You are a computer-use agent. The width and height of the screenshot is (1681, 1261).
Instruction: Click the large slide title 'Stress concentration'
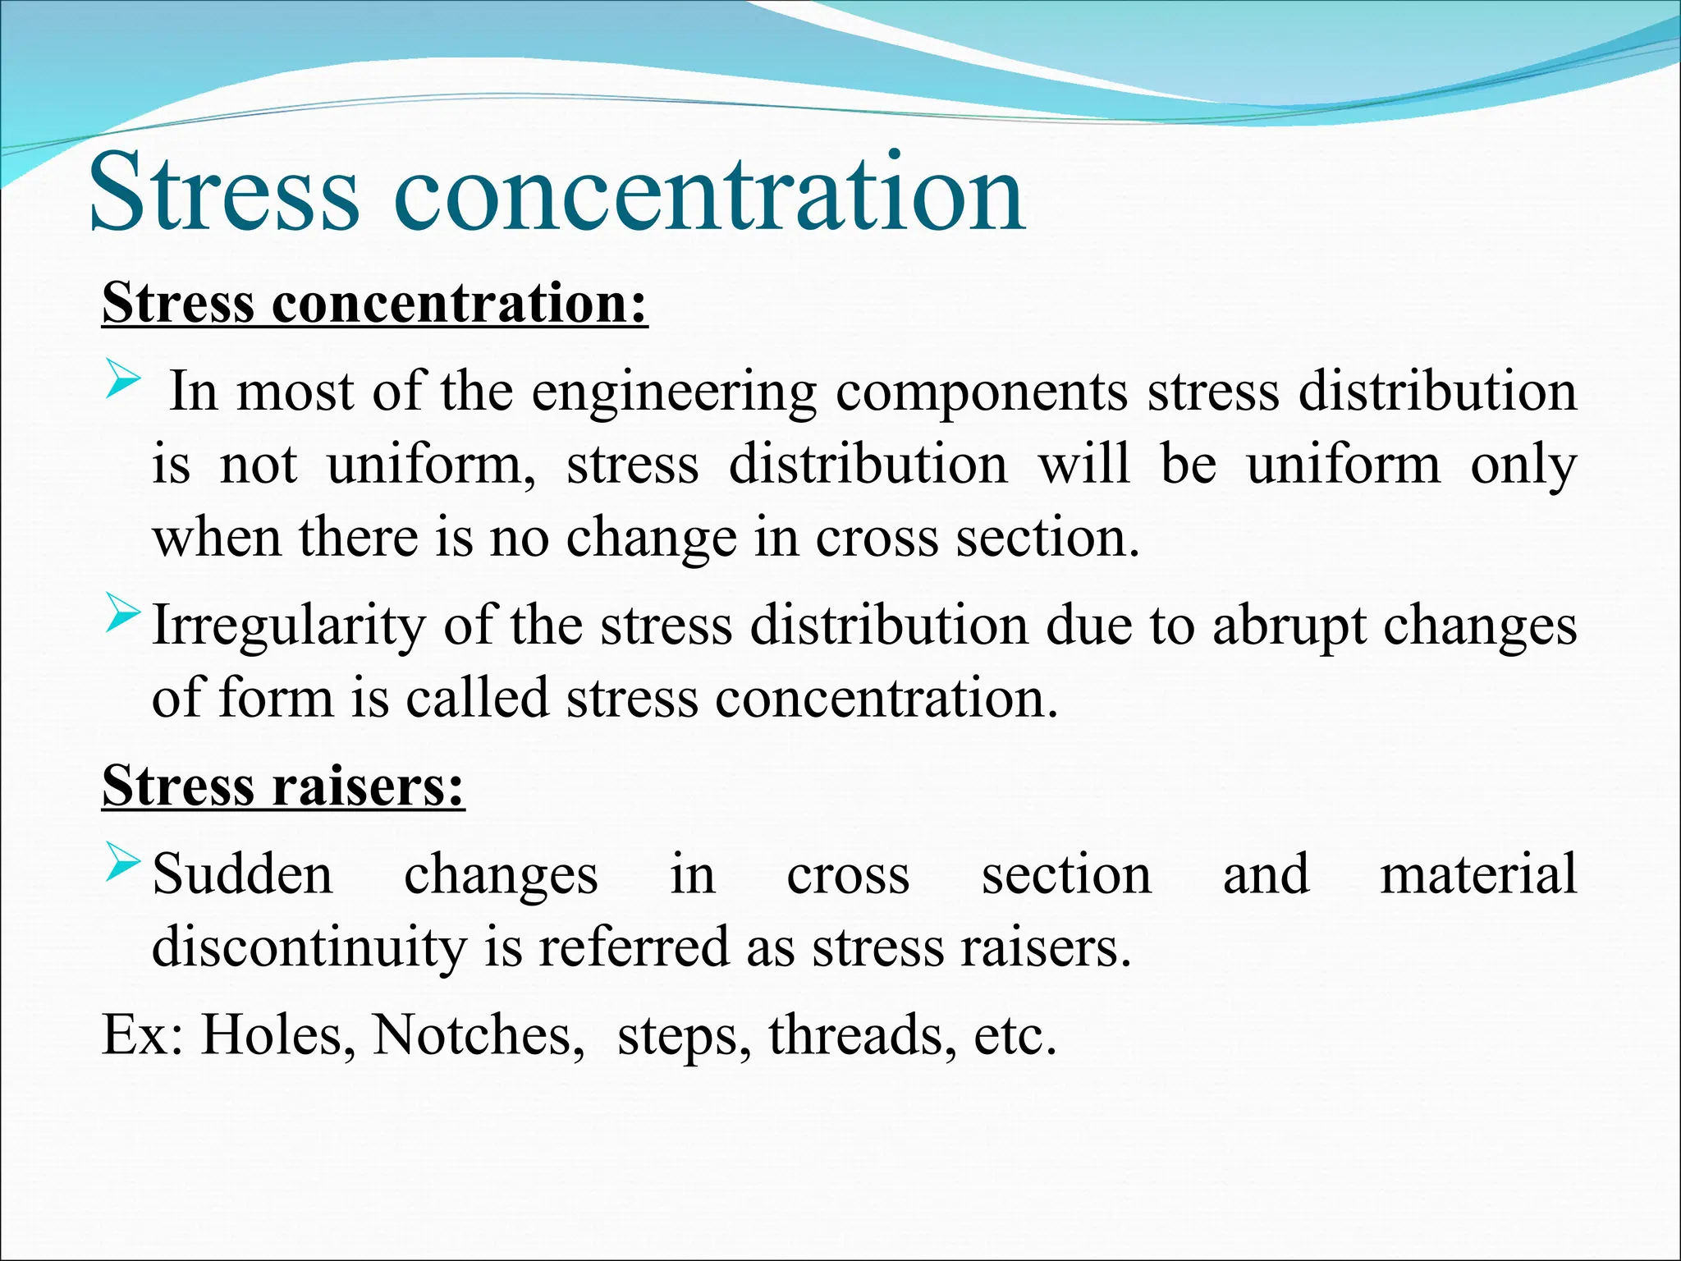(x=557, y=193)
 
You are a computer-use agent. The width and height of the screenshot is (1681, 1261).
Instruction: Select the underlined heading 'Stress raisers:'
(x=283, y=786)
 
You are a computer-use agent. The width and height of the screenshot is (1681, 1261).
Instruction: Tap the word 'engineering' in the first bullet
(x=674, y=392)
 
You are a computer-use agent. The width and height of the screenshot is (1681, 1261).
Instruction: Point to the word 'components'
(x=982, y=392)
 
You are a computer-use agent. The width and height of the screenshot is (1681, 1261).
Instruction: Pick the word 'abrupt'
(x=1289, y=627)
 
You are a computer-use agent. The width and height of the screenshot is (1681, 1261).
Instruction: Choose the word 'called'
(x=477, y=699)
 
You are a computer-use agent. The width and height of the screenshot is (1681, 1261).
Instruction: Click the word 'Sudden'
(x=243, y=874)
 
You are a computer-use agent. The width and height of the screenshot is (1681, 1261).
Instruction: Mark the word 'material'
(x=1478, y=874)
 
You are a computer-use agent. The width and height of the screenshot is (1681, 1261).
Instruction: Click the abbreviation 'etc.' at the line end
(x=1015, y=1034)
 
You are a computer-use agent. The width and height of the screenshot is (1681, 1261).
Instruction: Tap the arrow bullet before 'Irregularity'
(x=124, y=618)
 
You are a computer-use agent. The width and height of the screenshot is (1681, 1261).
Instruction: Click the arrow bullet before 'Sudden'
(x=124, y=865)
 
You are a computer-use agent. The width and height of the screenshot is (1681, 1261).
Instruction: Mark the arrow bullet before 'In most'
(x=124, y=383)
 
